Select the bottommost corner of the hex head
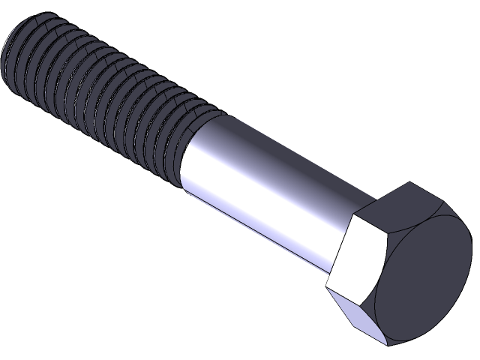click(386, 344)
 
